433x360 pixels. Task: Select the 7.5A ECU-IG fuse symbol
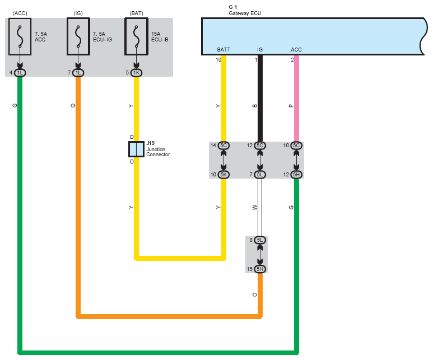click(x=78, y=36)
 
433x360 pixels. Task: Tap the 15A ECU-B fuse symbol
click(x=136, y=36)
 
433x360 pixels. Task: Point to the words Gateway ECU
click(x=245, y=12)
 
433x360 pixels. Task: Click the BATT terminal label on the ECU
click(x=224, y=50)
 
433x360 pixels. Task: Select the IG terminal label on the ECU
click(x=260, y=50)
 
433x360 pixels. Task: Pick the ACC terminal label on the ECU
click(x=296, y=50)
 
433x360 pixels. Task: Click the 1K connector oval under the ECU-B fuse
click(x=136, y=73)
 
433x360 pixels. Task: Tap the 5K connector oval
click(x=224, y=175)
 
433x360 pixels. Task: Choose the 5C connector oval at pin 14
click(x=224, y=146)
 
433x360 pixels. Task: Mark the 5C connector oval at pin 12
click(x=260, y=146)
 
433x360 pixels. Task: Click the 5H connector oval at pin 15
click(x=260, y=269)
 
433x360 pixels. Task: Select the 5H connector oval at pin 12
click(x=296, y=175)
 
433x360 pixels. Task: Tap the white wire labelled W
click(x=260, y=207)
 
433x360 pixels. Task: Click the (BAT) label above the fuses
click(x=136, y=12)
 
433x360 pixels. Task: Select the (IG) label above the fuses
click(x=78, y=12)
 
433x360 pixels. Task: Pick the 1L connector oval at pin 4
click(x=20, y=73)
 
